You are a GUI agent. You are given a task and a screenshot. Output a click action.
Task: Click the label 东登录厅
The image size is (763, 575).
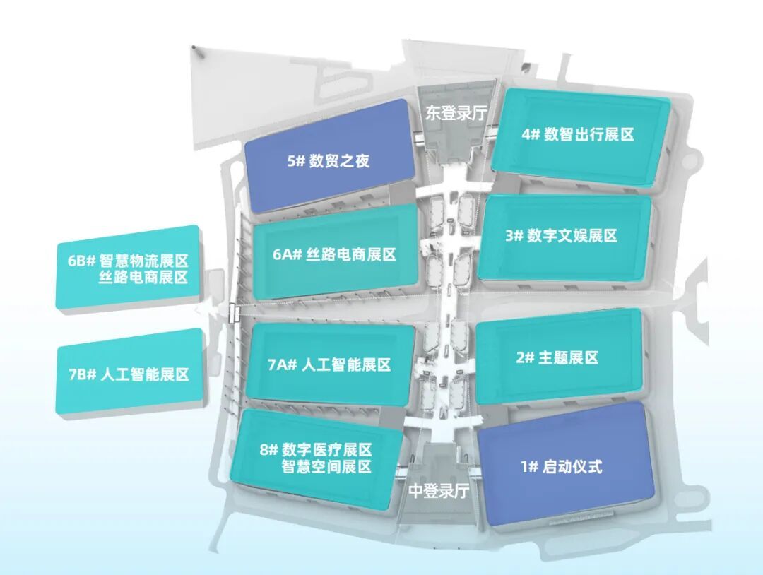[x=456, y=113]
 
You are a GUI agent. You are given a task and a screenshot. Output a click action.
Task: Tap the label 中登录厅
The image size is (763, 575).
[x=439, y=491]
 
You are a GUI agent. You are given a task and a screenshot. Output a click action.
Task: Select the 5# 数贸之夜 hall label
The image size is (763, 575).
[x=329, y=161]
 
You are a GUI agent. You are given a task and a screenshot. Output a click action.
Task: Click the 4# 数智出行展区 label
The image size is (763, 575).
[x=578, y=134]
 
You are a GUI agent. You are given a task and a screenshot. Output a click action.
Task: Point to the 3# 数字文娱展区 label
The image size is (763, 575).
[x=561, y=236]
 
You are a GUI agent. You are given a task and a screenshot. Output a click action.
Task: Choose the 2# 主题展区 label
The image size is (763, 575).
[x=557, y=358]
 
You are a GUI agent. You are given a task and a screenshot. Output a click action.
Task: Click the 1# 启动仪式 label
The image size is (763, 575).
[x=562, y=467]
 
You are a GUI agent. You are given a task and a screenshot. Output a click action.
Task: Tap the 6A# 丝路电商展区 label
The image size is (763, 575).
[x=334, y=254]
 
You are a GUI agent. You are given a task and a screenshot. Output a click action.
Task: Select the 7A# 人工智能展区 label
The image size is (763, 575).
[x=329, y=364]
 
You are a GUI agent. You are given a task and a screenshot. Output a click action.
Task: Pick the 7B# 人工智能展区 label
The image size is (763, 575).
[x=129, y=374]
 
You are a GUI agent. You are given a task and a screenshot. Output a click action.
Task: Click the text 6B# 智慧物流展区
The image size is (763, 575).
[x=128, y=260]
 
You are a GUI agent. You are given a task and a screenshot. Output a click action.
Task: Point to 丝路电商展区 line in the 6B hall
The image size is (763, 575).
[x=143, y=278]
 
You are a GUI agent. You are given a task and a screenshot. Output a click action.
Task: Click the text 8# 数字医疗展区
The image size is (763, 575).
[x=316, y=449]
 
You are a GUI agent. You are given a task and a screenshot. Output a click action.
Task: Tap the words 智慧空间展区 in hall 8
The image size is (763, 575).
[x=327, y=466]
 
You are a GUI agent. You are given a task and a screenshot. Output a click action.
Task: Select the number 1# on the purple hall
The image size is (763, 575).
[x=529, y=468]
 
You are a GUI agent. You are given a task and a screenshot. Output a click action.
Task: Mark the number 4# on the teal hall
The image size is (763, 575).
[x=531, y=135]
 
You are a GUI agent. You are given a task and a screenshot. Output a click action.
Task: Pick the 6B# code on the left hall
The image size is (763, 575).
[x=81, y=261]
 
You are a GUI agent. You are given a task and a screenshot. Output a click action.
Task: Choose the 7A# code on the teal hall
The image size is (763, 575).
[x=283, y=364]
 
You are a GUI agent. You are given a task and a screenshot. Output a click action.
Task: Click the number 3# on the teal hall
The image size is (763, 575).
[x=514, y=237]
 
